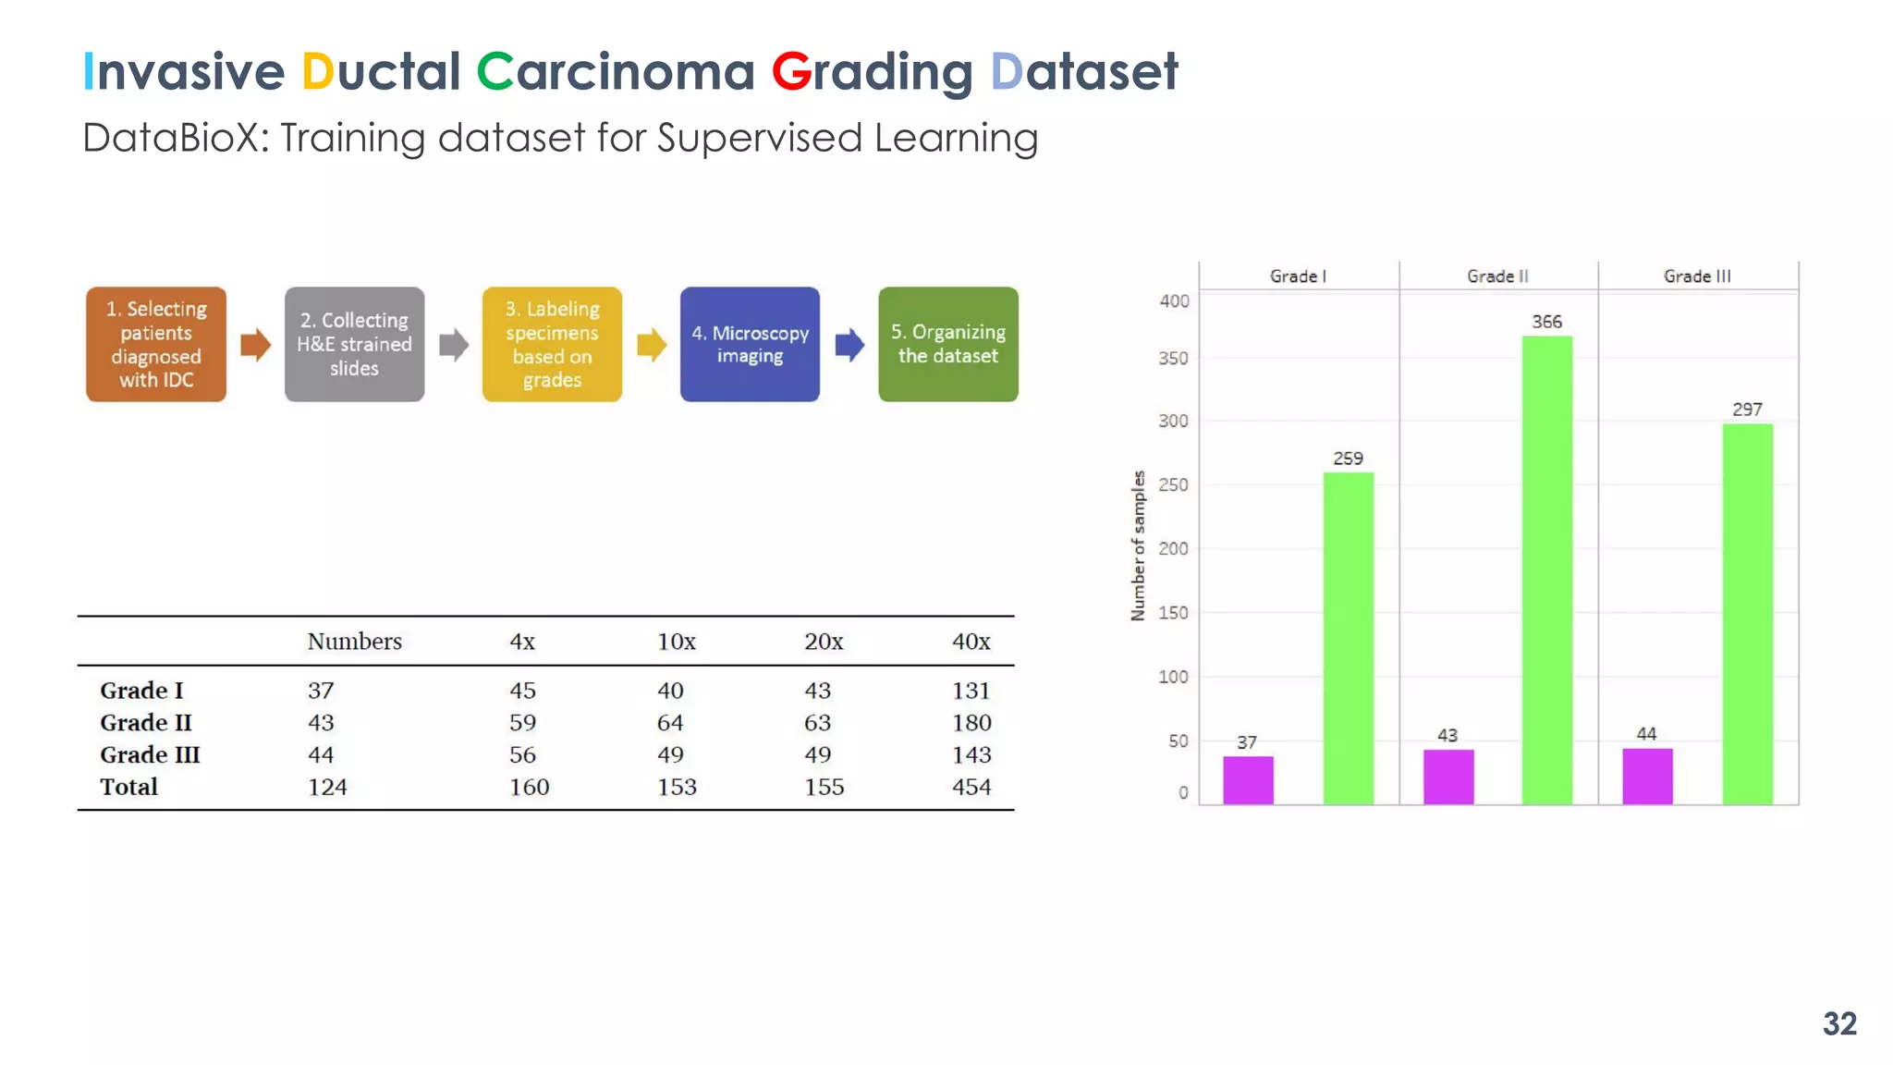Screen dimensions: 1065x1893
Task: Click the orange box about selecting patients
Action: [x=156, y=344]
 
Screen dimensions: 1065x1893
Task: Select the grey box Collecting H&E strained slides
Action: [x=354, y=344]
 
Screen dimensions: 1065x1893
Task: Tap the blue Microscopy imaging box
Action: [x=750, y=344]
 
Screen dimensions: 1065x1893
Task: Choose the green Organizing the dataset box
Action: [x=947, y=344]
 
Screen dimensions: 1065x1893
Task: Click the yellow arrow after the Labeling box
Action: [x=652, y=345]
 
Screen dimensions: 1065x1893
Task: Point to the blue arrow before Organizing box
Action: [x=849, y=345]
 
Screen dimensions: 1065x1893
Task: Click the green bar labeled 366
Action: [x=1546, y=570]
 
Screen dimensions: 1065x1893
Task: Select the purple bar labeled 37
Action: [x=1248, y=780]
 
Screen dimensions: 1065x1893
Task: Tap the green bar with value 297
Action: [x=1747, y=614]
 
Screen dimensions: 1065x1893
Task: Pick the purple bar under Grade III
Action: [x=1647, y=777]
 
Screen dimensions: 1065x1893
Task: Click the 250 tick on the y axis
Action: [x=1173, y=484]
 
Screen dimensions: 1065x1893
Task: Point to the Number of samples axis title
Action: [x=1138, y=545]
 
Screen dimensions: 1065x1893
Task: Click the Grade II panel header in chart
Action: [x=1497, y=276]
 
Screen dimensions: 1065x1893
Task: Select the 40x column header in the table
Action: [x=971, y=642]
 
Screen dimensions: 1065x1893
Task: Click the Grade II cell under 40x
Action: [x=971, y=723]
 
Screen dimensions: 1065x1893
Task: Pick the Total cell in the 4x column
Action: [x=529, y=787]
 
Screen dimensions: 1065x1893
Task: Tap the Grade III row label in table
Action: [x=150, y=754]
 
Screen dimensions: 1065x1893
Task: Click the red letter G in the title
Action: [x=791, y=72]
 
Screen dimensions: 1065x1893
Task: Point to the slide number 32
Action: [x=1838, y=1023]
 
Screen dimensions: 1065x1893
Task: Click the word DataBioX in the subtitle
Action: [x=175, y=139]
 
